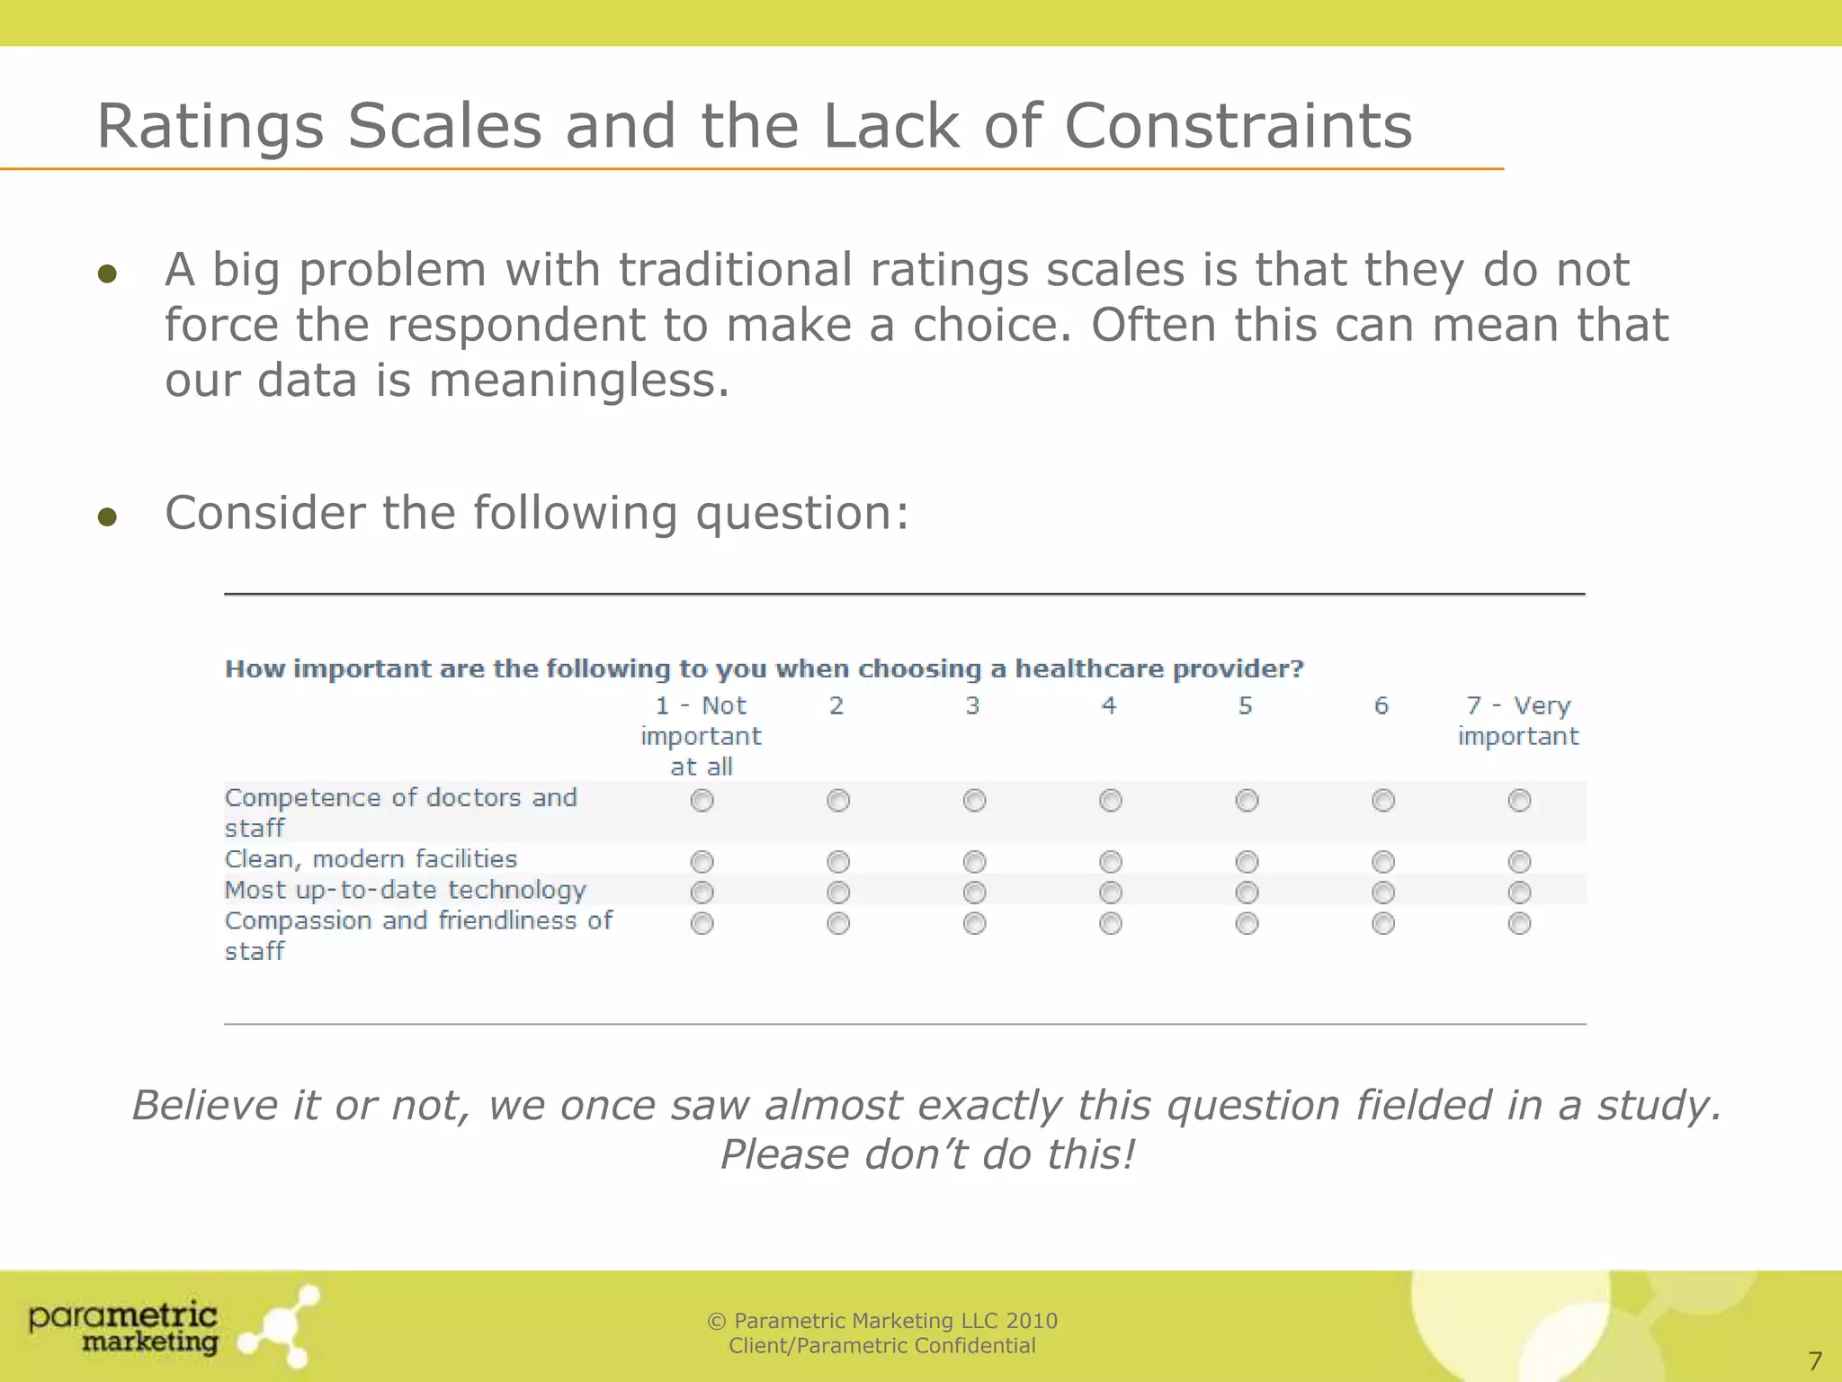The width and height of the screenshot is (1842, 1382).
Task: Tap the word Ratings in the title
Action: (x=209, y=128)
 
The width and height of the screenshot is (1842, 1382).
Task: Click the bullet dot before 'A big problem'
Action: (x=108, y=274)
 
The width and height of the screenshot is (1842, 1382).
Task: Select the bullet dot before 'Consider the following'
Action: (x=108, y=516)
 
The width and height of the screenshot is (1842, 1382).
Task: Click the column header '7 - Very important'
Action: (x=1518, y=721)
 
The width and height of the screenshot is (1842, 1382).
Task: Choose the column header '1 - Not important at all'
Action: (x=701, y=736)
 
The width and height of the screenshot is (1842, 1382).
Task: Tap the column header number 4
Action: (x=1109, y=706)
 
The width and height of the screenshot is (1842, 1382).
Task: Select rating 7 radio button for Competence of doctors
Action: (x=1519, y=800)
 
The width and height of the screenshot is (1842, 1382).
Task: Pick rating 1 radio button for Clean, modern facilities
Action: (x=702, y=862)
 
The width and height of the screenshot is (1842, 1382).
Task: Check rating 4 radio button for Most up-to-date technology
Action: (x=1111, y=893)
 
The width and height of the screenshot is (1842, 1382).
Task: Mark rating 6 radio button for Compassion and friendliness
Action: (x=1382, y=923)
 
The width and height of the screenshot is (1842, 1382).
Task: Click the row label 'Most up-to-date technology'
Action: (x=406, y=891)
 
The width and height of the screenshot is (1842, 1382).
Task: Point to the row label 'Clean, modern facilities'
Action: (x=371, y=859)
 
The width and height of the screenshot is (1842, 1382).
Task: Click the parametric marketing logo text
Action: (x=124, y=1328)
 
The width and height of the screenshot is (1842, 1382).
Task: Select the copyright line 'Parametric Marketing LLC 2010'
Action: (x=882, y=1321)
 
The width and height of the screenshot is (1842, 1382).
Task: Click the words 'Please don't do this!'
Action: (x=927, y=1154)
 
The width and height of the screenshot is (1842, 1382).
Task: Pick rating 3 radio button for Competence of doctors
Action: (x=974, y=800)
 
